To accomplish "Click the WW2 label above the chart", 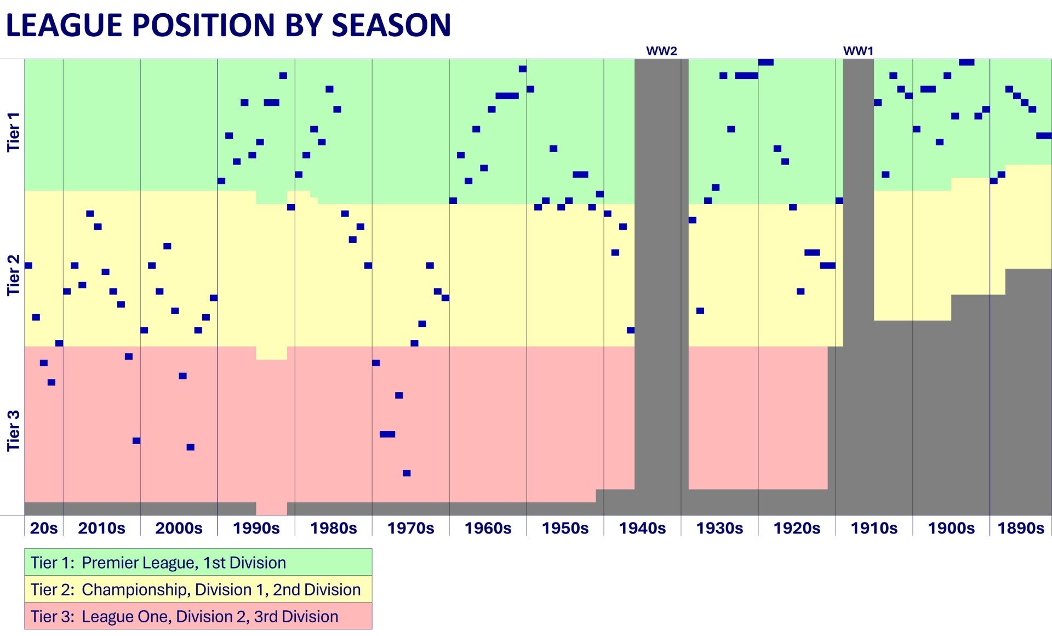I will coord(661,51).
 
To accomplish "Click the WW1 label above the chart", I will coord(858,51).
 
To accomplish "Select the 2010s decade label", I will coord(101,528).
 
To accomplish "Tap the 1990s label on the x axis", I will coord(256,528).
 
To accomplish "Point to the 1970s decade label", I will coord(410,528).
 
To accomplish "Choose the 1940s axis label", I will coord(642,528).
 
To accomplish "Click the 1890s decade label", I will coord(1021,528).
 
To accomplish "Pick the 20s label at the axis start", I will coord(44,528).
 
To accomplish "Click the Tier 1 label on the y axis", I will coord(13,132).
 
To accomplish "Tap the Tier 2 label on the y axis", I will coord(13,275).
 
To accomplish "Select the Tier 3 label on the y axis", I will coord(13,430).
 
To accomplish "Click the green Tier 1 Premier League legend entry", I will coord(198,563).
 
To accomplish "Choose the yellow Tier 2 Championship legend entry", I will coord(198,589).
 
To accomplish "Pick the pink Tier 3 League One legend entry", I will coord(198,616).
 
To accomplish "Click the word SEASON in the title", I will coord(391,25).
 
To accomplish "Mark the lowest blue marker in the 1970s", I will coord(407,473).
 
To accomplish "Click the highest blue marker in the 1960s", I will coord(523,69).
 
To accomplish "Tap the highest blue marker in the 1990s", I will coord(283,76).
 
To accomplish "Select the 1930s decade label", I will coord(719,528).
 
